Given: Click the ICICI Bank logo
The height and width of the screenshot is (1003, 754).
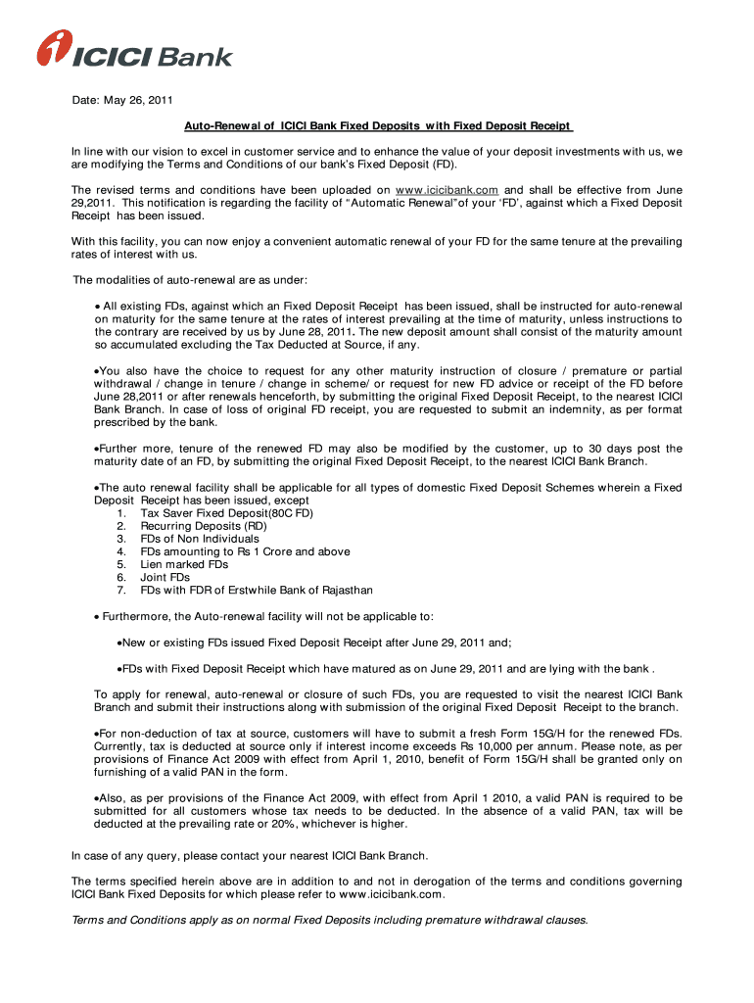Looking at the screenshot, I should [134, 50].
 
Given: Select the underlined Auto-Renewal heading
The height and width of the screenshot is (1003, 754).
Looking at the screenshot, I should [378, 126].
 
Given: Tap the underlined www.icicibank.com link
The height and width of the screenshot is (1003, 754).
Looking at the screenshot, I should [447, 189].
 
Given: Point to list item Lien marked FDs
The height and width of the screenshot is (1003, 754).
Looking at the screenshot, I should [184, 564].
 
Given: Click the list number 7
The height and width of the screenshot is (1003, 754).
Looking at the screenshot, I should [120, 591].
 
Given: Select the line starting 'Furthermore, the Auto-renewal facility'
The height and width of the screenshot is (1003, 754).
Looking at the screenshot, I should [269, 616].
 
